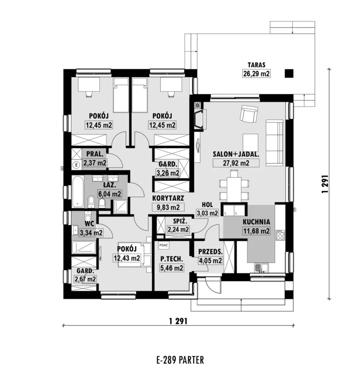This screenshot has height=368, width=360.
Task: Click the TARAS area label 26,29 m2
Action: click(256, 74)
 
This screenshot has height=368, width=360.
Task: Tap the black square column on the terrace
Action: click(289, 74)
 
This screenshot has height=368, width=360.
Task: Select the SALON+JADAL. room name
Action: click(236, 154)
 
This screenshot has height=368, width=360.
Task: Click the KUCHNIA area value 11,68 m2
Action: click(256, 231)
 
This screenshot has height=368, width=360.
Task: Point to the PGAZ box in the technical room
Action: click(163, 245)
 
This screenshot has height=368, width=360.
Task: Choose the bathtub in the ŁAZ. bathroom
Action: click(78, 192)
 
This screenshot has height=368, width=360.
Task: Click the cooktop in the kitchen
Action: click(280, 235)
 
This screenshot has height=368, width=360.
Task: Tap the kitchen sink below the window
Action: click(261, 268)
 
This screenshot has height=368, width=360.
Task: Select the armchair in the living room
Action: click(249, 113)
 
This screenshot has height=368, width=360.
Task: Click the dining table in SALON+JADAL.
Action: click(234, 187)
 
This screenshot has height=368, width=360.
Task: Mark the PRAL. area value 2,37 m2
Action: click(95, 163)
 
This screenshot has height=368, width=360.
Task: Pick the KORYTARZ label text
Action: click(168, 198)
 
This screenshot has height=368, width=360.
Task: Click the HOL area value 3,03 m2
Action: click(208, 213)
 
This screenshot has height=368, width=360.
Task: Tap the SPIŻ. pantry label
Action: click(180, 221)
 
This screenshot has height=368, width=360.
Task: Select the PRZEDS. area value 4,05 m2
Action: click(210, 261)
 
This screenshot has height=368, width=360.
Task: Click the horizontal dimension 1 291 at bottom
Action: click(178, 321)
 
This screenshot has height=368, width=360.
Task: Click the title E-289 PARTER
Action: click(180, 360)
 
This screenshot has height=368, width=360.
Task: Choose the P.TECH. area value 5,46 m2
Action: click(172, 268)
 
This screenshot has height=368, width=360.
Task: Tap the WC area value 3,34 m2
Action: click(91, 233)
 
